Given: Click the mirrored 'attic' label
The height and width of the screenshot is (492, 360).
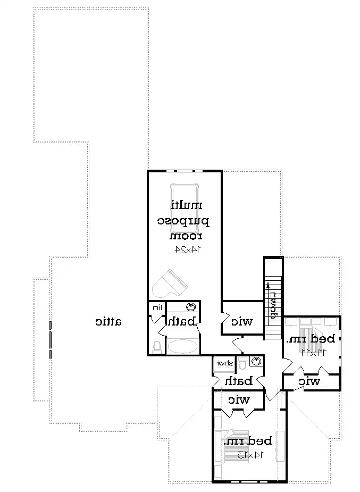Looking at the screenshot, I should coord(108,321).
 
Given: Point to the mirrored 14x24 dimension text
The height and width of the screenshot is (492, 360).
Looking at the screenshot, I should coord(185,248).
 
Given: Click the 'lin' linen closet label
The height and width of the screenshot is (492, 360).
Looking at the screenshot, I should coord(156,308).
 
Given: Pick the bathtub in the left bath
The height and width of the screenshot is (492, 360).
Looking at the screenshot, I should coord(182,347).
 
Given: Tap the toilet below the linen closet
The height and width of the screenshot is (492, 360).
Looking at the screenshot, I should coord(156,347).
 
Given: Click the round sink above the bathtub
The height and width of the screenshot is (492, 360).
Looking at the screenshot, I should coord(191,307).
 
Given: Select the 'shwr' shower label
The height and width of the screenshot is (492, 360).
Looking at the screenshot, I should coord(223,363).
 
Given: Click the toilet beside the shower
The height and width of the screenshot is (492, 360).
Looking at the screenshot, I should coord(242,363).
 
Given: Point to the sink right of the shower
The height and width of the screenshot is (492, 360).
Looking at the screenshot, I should coord(257,362).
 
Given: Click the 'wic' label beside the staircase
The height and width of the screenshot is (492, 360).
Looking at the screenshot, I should coord(241,321).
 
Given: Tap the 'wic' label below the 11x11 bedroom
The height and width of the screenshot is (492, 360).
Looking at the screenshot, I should coord(309,381).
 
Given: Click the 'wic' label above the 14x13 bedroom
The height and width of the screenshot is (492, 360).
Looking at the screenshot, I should coord(239,399).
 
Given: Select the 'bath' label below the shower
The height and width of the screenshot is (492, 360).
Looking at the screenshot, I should coord(237,381).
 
